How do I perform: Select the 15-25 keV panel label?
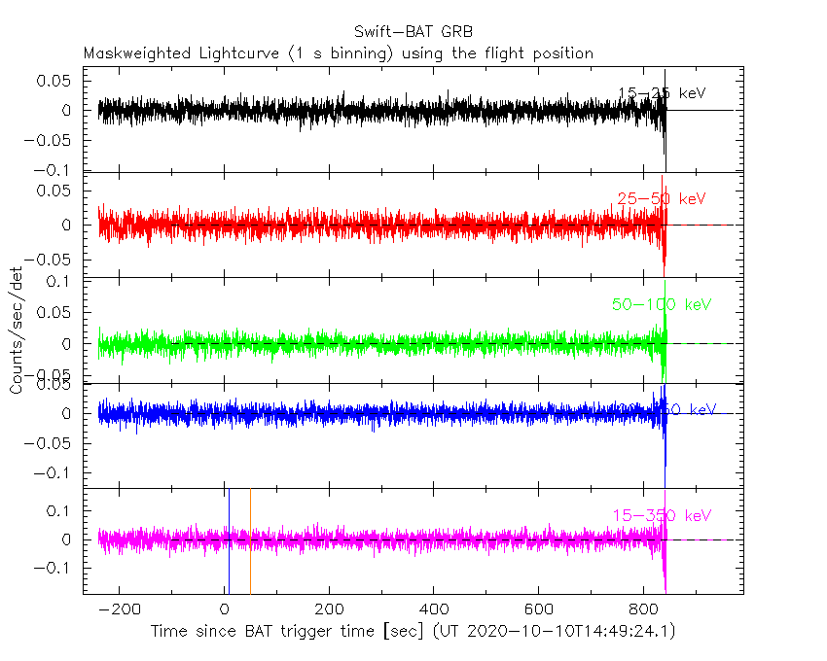point(662,93)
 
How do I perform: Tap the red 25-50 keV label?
point(661,199)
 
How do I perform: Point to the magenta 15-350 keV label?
point(662,515)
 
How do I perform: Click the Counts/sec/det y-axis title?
point(17,330)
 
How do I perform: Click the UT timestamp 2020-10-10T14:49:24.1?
point(568,631)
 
